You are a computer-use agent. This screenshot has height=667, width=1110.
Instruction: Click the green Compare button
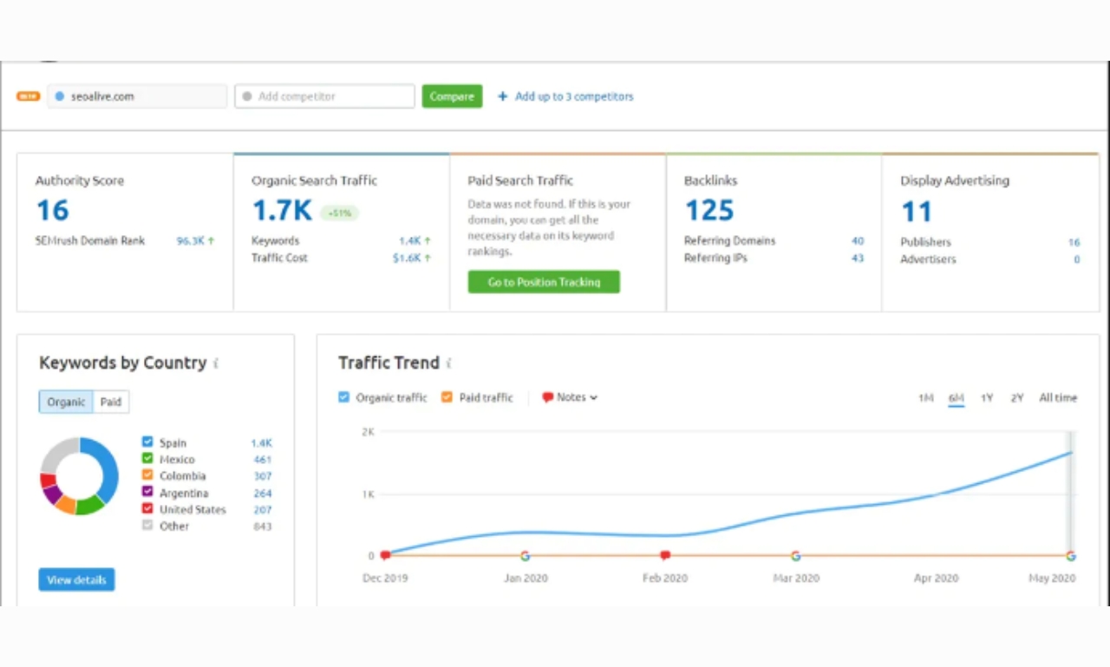(x=452, y=96)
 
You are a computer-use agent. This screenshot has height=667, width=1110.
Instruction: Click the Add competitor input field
(x=324, y=96)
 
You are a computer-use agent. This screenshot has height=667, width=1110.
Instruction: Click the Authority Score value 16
(x=52, y=211)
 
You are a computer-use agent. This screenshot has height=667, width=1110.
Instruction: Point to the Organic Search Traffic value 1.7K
(x=282, y=211)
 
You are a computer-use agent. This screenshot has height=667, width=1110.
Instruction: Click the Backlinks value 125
(x=709, y=211)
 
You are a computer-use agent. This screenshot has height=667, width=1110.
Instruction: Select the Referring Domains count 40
(x=857, y=241)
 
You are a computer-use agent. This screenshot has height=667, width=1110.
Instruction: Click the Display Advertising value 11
(x=916, y=212)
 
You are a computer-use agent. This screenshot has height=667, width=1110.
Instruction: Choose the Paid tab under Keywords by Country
(x=111, y=402)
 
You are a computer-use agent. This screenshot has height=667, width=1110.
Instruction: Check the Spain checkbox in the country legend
(x=147, y=442)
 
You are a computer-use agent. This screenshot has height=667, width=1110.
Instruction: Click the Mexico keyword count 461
(x=262, y=460)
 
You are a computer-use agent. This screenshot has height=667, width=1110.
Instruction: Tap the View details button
(x=76, y=579)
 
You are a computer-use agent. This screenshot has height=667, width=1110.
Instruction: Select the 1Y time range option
(x=987, y=398)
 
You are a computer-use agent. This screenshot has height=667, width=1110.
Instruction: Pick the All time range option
(x=1058, y=398)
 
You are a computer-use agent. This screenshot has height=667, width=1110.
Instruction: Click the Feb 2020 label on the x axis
(x=664, y=579)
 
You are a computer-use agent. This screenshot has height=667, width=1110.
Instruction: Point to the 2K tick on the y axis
(x=368, y=432)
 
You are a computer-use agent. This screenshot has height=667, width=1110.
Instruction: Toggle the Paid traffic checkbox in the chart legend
(x=447, y=397)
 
